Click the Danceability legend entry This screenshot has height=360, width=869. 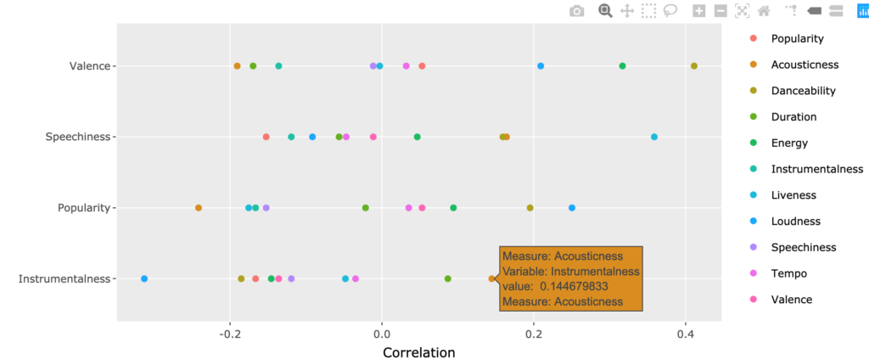pyautogui.click(x=803, y=91)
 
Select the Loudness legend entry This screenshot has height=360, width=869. pyautogui.click(x=795, y=222)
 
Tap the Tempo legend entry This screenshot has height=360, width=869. pyautogui.click(x=788, y=273)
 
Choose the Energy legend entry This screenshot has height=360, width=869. pyautogui.click(x=789, y=143)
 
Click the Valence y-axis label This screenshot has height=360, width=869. pyautogui.click(x=90, y=66)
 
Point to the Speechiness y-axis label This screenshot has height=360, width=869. pyautogui.click(x=78, y=137)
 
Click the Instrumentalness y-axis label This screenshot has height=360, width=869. pyautogui.click(x=64, y=278)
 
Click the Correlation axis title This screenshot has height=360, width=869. pyautogui.click(x=418, y=352)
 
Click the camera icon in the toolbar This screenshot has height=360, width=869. pyautogui.click(x=577, y=11)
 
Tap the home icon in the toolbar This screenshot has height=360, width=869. pyautogui.click(x=764, y=11)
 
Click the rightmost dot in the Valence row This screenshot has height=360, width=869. pyautogui.click(x=694, y=66)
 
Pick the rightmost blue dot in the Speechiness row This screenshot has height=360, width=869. pyautogui.click(x=653, y=137)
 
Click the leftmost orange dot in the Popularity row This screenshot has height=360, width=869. pyautogui.click(x=199, y=208)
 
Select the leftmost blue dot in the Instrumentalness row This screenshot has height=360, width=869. pyautogui.click(x=144, y=278)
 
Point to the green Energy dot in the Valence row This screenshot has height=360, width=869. pyautogui.click(x=622, y=66)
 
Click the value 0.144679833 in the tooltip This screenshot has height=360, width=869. pyautogui.click(x=574, y=286)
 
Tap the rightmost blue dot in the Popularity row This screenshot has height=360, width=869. pyautogui.click(x=572, y=208)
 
